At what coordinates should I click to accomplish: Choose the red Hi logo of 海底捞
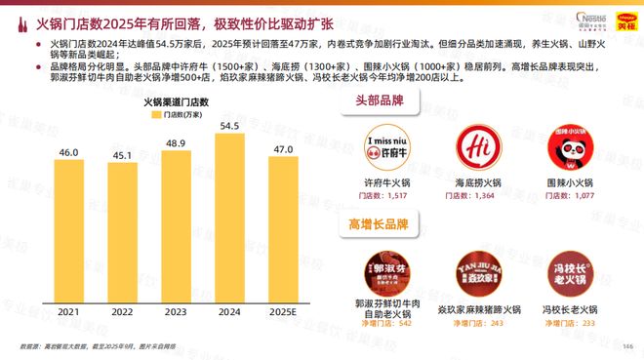click(481, 150)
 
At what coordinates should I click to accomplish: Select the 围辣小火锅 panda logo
click(572, 150)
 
